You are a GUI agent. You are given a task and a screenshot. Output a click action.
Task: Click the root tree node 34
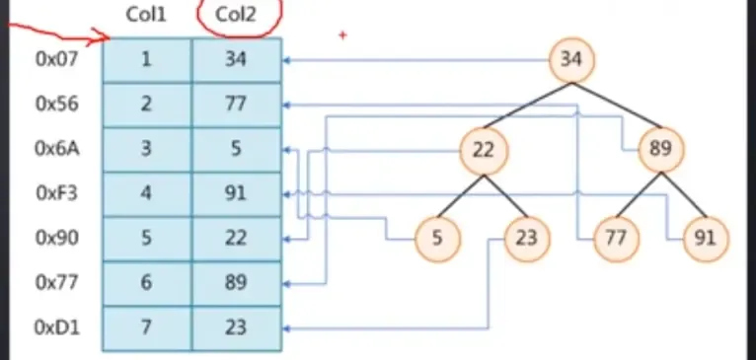pyautogui.click(x=571, y=59)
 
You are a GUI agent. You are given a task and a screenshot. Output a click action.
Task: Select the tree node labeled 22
pyautogui.click(x=484, y=150)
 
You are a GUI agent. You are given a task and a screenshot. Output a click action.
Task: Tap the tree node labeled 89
pyautogui.click(x=660, y=150)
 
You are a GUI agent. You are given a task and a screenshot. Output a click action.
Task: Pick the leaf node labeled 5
pyautogui.click(x=437, y=239)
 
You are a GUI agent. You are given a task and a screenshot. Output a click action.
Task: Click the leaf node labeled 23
pyautogui.click(x=527, y=239)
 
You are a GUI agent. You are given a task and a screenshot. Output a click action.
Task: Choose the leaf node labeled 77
pyautogui.click(x=616, y=239)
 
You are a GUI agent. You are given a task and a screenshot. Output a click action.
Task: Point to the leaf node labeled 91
pyautogui.click(x=706, y=239)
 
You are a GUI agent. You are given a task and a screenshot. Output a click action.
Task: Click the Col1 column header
pyautogui.click(x=146, y=17)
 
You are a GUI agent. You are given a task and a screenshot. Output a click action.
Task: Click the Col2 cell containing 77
pyautogui.click(x=236, y=105)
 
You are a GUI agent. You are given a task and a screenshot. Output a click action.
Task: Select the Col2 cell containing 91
pyautogui.click(x=236, y=194)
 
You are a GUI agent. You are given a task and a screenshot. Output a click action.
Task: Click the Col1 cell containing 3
pyautogui.click(x=146, y=150)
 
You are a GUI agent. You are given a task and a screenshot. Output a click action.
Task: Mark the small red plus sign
pyautogui.click(x=342, y=36)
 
